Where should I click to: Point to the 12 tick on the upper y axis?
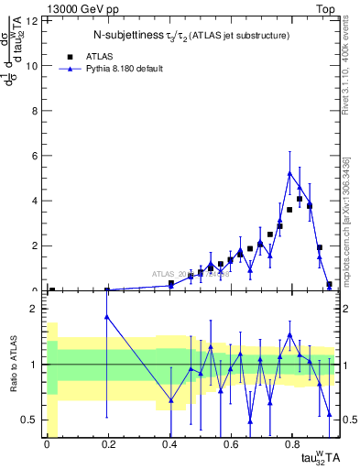tap(34, 20)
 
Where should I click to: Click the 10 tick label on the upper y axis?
tap(34, 65)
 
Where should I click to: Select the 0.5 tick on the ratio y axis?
tap(33, 420)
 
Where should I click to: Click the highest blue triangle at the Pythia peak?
tap(289, 173)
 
